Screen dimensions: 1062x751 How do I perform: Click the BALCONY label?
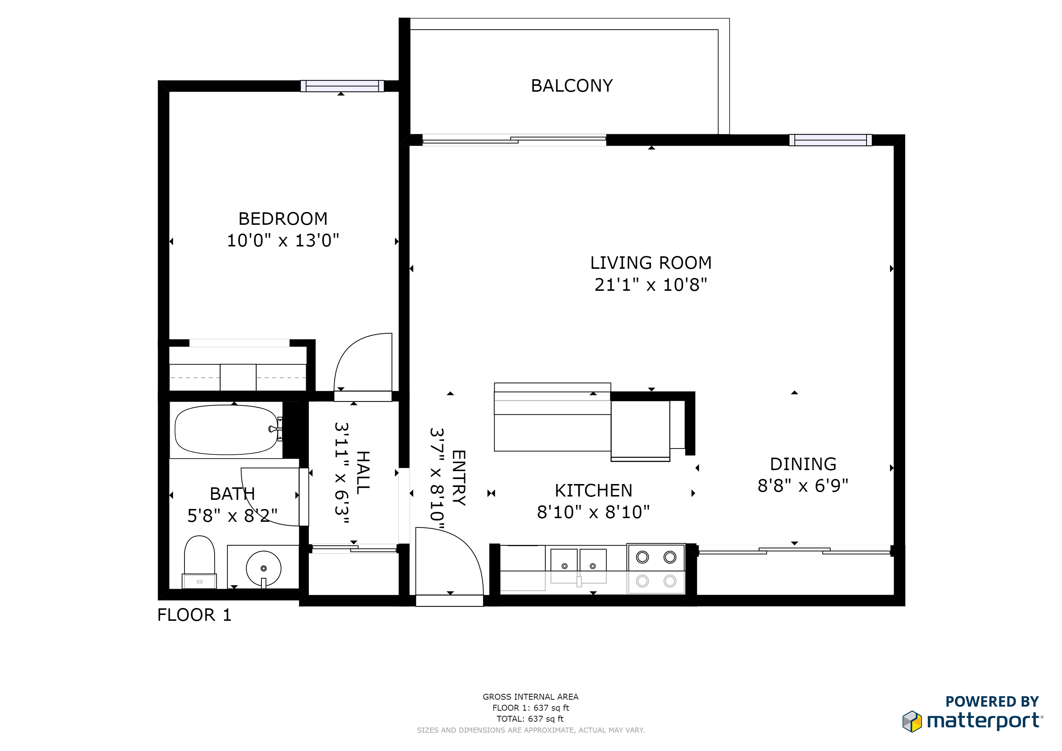point(572,86)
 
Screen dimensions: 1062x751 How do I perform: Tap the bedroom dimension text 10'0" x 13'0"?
point(283,241)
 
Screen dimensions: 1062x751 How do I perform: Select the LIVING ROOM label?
point(651,263)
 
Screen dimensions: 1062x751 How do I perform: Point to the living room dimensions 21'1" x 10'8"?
point(651,285)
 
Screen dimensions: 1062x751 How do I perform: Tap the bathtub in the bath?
point(226,430)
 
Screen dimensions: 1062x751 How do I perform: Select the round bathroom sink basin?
point(264,568)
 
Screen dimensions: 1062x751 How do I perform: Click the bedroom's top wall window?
point(342,86)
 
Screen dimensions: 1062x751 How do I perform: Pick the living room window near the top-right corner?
point(831,140)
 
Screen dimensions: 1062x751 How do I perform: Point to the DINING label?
point(803,464)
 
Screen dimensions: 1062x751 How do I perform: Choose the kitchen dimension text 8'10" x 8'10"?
point(593,512)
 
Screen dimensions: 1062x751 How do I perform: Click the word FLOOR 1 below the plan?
point(194,615)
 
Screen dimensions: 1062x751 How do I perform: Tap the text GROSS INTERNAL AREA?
point(531,697)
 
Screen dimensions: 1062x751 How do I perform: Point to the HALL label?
point(363,473)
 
